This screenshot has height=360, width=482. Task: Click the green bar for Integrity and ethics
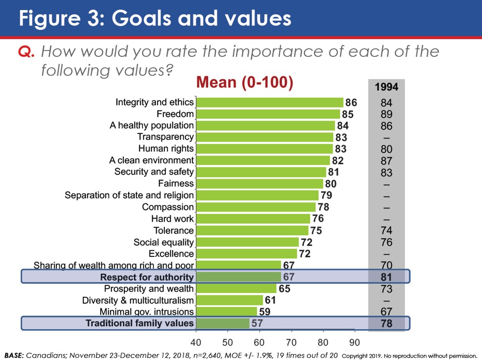[270, 102]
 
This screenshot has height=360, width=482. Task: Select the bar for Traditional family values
[223, 323]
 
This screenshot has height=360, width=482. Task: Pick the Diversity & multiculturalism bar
[229, 300]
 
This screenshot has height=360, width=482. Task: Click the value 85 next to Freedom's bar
[348, 114]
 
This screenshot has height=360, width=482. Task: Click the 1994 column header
[386, 87]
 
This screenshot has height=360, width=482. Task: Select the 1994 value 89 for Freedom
[386, 114]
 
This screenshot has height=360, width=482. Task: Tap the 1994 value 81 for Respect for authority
[386, 277]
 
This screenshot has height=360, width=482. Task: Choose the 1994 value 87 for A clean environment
[386, 161]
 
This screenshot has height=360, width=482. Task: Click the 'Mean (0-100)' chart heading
[244, 83]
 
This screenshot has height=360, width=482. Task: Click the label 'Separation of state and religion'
[129, 195]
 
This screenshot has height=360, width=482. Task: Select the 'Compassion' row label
[168, 207]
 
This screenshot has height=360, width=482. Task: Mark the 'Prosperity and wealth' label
[149, 289]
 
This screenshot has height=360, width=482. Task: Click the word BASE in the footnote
[14, 355]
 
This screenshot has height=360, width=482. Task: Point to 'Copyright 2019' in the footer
[359, 356]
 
